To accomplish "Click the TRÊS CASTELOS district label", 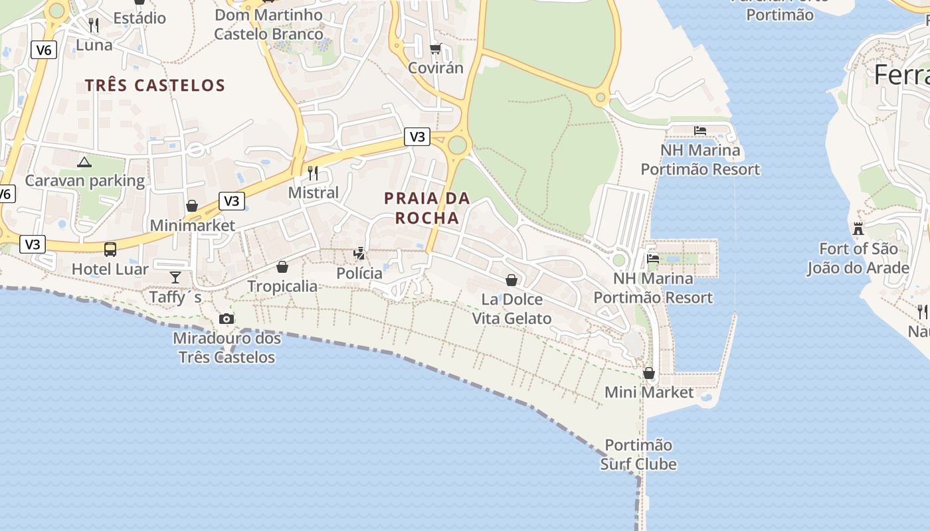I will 155,85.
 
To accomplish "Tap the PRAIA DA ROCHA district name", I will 427,208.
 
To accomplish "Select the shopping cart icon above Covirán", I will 435,48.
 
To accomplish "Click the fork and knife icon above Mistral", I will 313,173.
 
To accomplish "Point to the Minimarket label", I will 192,226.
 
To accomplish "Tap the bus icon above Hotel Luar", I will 110,250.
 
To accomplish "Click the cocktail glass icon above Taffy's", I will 175,277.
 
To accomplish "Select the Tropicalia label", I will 282,286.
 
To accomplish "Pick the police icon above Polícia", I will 359,253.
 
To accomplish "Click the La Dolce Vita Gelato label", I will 511,309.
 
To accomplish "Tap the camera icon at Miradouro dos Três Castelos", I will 227,319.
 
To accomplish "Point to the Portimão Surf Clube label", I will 638,454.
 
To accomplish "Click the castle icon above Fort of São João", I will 858,229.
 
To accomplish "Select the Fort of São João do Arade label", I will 858,259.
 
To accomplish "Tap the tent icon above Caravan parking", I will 84,161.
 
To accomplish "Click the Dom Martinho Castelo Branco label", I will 269,24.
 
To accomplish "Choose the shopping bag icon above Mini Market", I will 649,373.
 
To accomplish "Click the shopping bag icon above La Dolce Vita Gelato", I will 511,280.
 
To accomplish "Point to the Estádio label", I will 139,18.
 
